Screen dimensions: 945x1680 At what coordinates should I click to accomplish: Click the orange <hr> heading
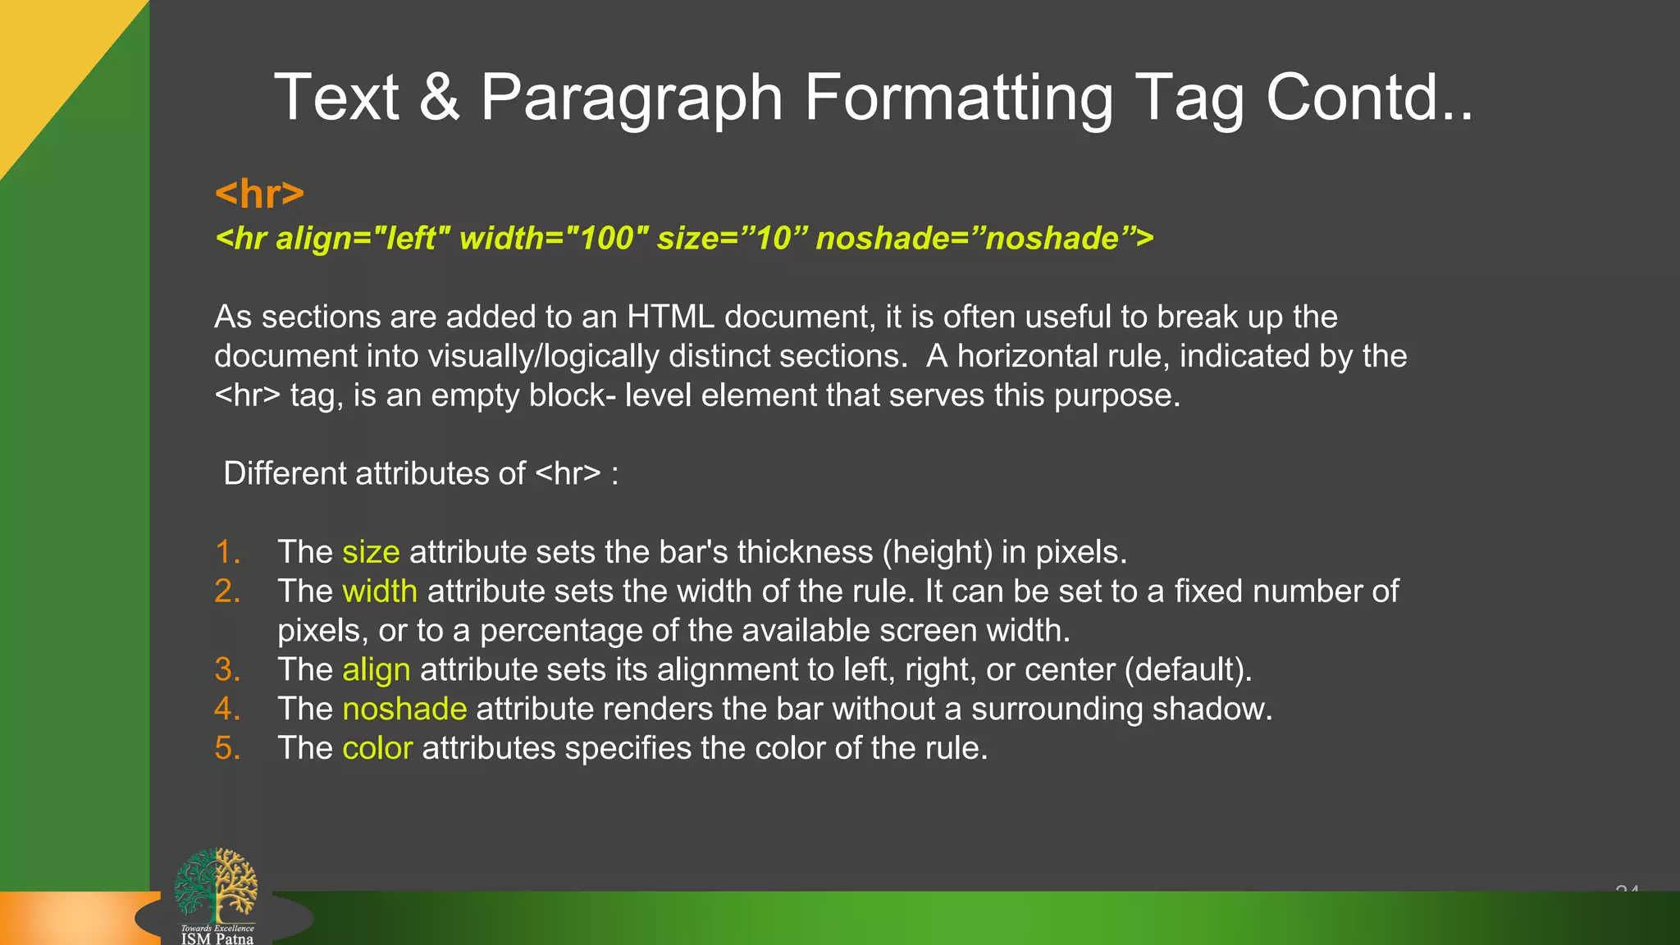(259, 194)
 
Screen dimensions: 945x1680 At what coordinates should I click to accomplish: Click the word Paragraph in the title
(631, 98)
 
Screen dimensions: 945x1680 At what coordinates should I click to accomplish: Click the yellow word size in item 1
(371, 552)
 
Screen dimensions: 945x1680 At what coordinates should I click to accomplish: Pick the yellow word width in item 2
(380, 591)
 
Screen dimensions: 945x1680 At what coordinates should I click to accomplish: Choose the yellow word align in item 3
(376, 670)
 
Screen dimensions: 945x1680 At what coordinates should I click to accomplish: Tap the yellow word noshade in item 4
(404, 710)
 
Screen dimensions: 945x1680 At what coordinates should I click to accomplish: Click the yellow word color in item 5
(377, 748)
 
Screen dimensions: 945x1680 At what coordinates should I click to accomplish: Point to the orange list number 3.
(227, 670)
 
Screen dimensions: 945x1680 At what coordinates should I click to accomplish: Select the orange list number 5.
(227, 748)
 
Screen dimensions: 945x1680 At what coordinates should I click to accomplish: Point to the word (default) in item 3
(1188, 670)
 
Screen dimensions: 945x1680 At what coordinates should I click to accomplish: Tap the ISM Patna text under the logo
(217, 938)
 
